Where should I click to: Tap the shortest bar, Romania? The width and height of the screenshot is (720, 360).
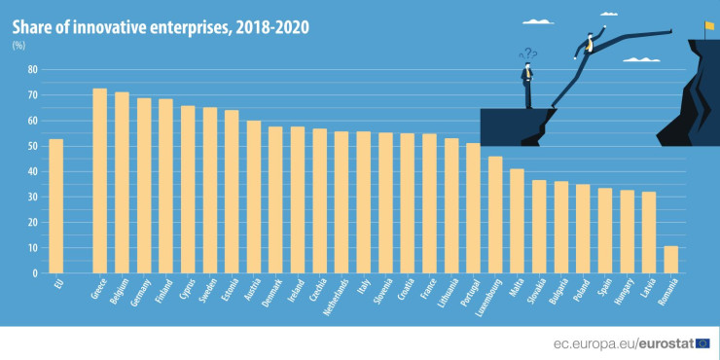670,260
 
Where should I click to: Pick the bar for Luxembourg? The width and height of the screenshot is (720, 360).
495,215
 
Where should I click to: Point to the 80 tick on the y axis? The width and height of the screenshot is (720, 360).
32,70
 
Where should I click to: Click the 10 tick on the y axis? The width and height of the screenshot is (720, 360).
32,248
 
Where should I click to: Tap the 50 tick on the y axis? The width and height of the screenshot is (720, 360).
32,146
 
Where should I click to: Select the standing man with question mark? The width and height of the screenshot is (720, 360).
527,80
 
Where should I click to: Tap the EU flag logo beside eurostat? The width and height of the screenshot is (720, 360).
702,342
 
